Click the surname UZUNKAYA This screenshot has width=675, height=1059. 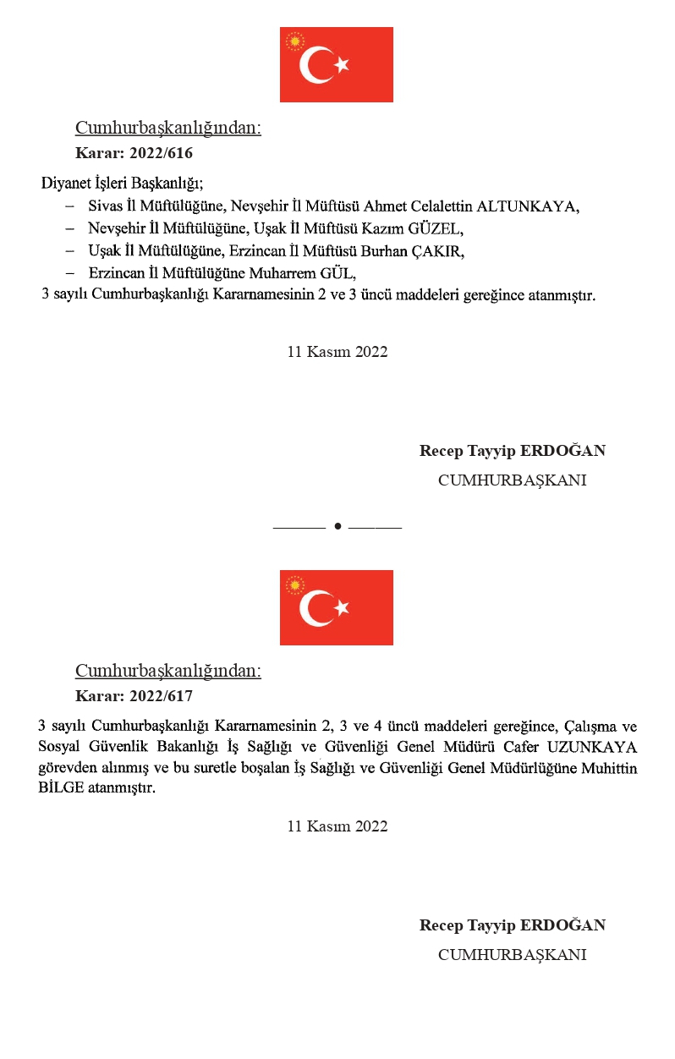tap(592, 748)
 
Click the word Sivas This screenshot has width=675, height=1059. tap(105, 206)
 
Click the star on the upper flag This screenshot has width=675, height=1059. tap(341, 65)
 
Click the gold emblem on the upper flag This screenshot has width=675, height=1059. tap(295, 41)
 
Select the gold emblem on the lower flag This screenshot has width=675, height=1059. tap(295, 584)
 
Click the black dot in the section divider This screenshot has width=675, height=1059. tap(337, 526)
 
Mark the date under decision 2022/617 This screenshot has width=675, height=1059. tap(337, 827)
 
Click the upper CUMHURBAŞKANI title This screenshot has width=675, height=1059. tap(512, 480)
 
